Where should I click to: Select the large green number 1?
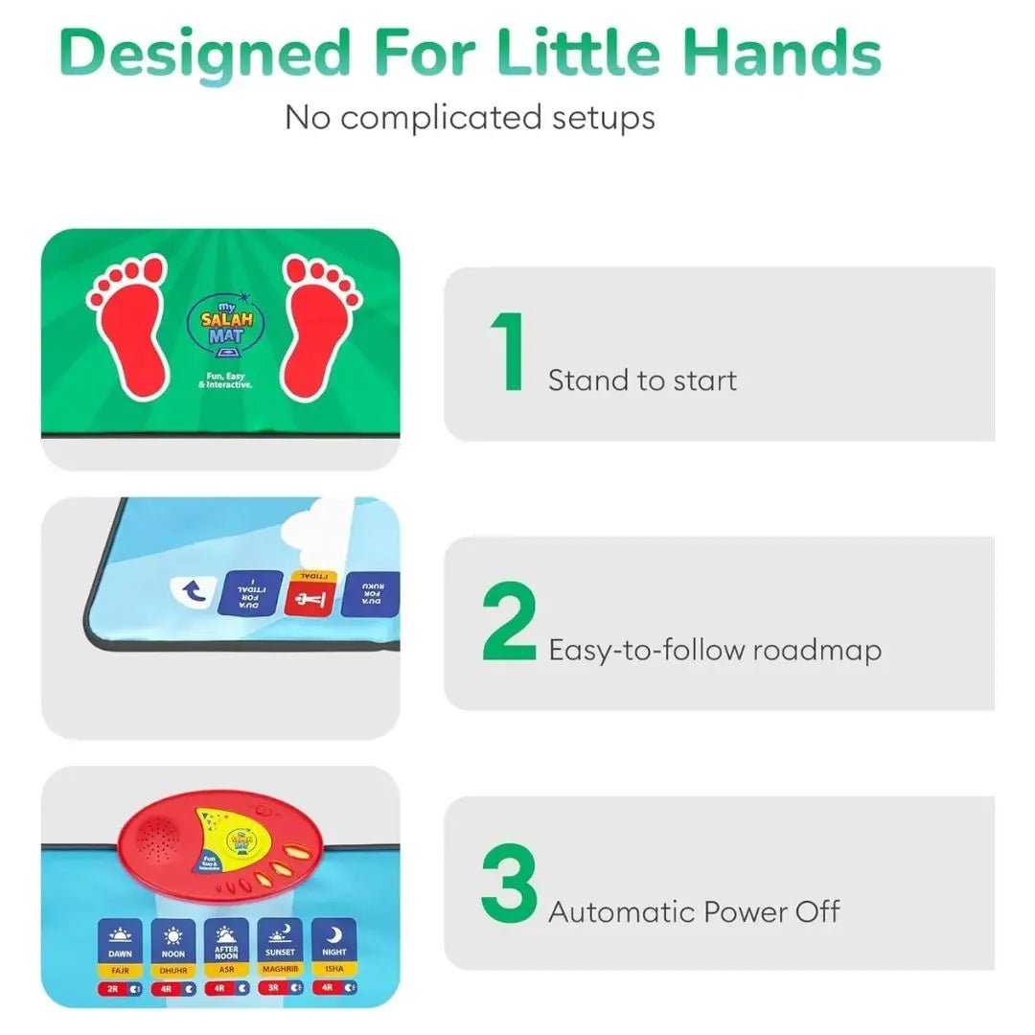coord(509,353)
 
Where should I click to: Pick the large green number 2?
coord(509,622)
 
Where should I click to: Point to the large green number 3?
coord(509,883)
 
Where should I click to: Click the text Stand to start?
coord(642,380)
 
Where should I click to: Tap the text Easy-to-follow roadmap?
coord(714,651)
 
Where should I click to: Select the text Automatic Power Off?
coord(693,911)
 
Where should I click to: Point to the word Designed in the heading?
coord(204,55)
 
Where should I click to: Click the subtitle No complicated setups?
coord(470,118)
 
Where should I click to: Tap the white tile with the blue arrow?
coord(193,593)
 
